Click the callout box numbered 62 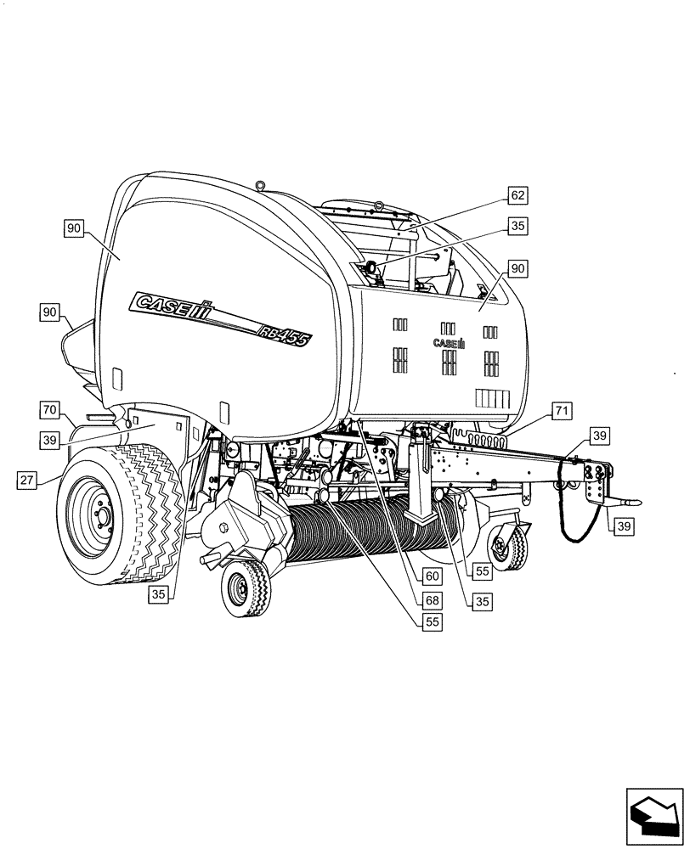(x=517, y=196)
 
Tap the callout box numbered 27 (x=27, y=481)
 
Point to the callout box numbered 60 (x=433, y=576)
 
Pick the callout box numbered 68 (x=433, y=599)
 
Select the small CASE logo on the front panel (x=449, y=344)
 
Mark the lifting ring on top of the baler (x=261, y=184)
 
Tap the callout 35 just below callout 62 (x=517, y=227)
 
